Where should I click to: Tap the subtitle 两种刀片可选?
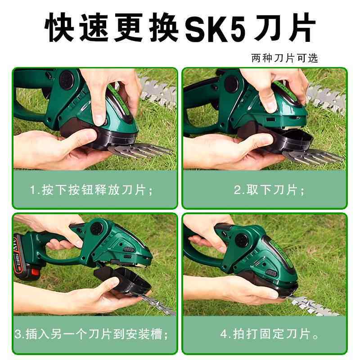tap(284, 58)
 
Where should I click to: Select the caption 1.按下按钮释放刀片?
tap(91, 190)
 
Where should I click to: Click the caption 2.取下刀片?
tap(269, 190)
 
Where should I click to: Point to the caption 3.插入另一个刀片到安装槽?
tap(91, 335)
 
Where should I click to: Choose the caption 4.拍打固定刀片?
tap(265, 335)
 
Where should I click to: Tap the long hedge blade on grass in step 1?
tap(157, 92)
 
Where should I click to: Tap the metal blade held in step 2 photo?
tap(310, 155)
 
